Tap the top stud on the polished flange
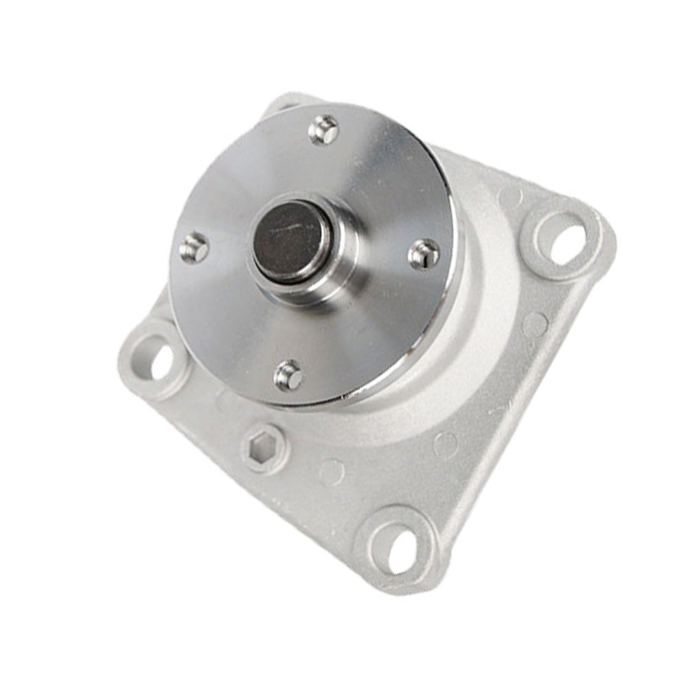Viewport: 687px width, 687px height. [324, 130]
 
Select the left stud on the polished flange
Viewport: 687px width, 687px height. [194, 247]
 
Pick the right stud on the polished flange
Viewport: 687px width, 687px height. [424, 255]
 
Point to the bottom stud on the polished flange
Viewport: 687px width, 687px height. [289, 376]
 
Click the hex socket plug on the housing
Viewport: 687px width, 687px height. [264, 447]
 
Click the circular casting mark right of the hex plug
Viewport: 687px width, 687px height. [331, 473]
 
